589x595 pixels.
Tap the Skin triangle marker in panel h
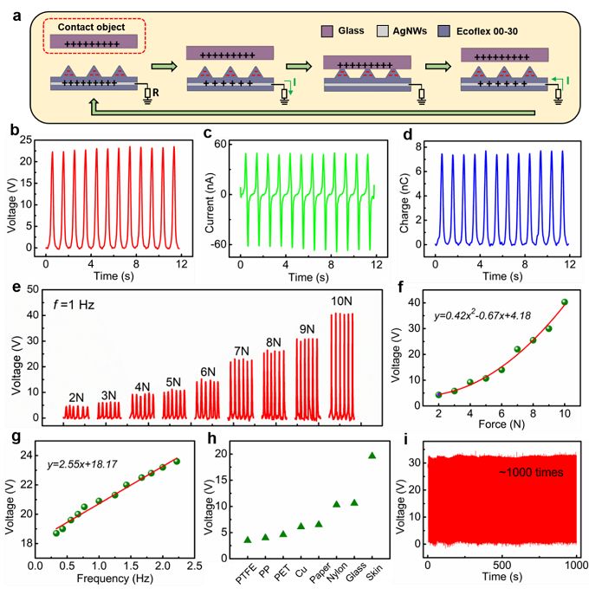pos(372,456)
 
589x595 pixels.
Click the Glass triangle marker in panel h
pos(353,501)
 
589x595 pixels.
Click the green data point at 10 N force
pos(564,302)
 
